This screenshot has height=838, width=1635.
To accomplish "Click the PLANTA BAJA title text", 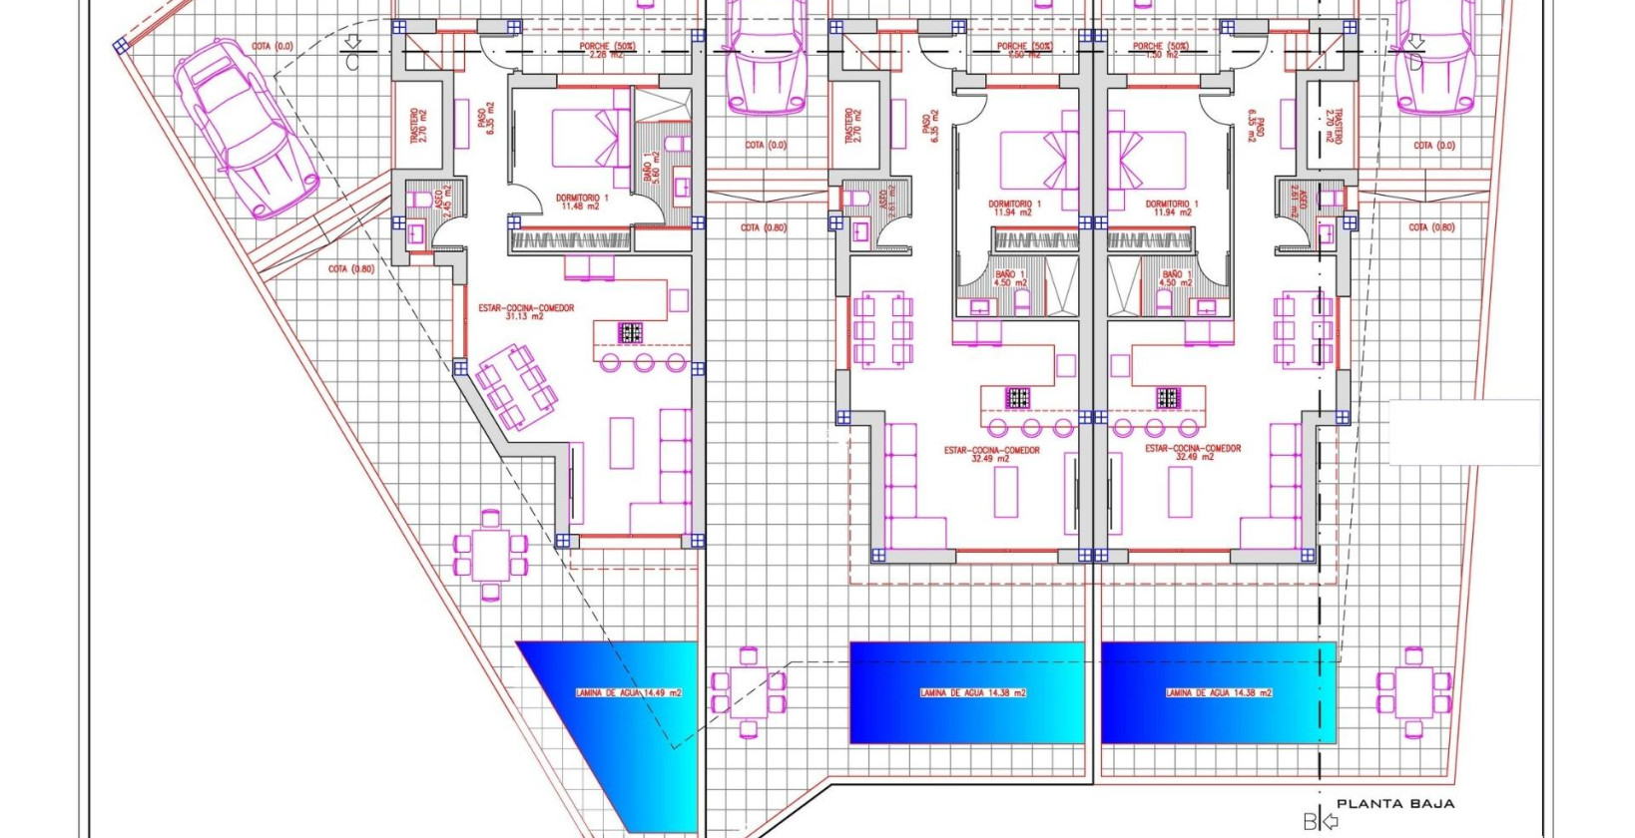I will (1394, 803).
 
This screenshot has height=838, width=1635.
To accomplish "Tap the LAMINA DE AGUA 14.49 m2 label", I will (628, 692).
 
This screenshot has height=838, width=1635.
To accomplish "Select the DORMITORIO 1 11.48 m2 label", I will (582, 203).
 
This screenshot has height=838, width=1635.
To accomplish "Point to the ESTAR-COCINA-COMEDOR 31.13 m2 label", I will (526, 311).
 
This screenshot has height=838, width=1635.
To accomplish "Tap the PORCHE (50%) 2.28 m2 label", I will (607, 51).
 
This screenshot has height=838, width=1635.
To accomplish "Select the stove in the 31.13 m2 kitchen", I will (630, 332).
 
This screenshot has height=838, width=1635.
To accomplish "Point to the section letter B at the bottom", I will (1310, 822).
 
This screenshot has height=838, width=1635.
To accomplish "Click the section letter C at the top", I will (352, 62).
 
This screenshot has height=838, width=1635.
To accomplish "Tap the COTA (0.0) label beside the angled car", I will (272, 47).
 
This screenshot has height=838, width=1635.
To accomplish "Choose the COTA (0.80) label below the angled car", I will (351, 269).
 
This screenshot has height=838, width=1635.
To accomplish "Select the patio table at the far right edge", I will (1413, 692).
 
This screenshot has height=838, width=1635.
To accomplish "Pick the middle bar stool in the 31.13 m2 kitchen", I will (644, 362).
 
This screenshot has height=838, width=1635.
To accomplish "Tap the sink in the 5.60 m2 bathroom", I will (683, 187).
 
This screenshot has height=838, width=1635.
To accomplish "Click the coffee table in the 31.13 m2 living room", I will (621, 442).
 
